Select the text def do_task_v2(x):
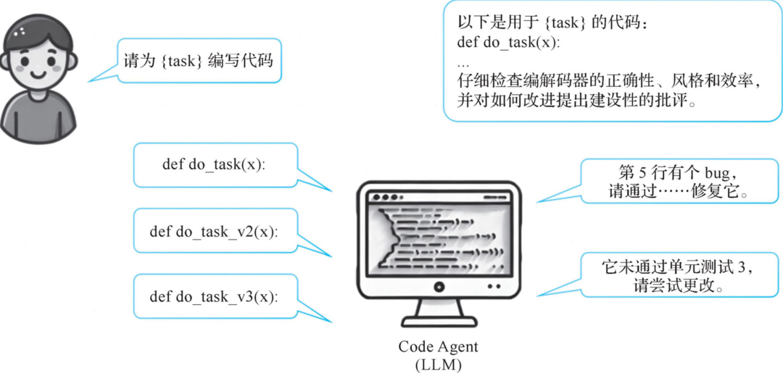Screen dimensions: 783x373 tap(214, 232)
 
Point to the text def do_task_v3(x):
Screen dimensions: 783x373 tap(214, 297)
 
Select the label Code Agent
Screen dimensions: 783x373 tap(438, 347)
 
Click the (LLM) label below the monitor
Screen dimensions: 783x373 tap(439, 364)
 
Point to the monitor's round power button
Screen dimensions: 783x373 tap(439, 287)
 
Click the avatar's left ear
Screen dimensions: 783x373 tap(4, 62)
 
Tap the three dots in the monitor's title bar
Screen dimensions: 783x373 tap(384, 196)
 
